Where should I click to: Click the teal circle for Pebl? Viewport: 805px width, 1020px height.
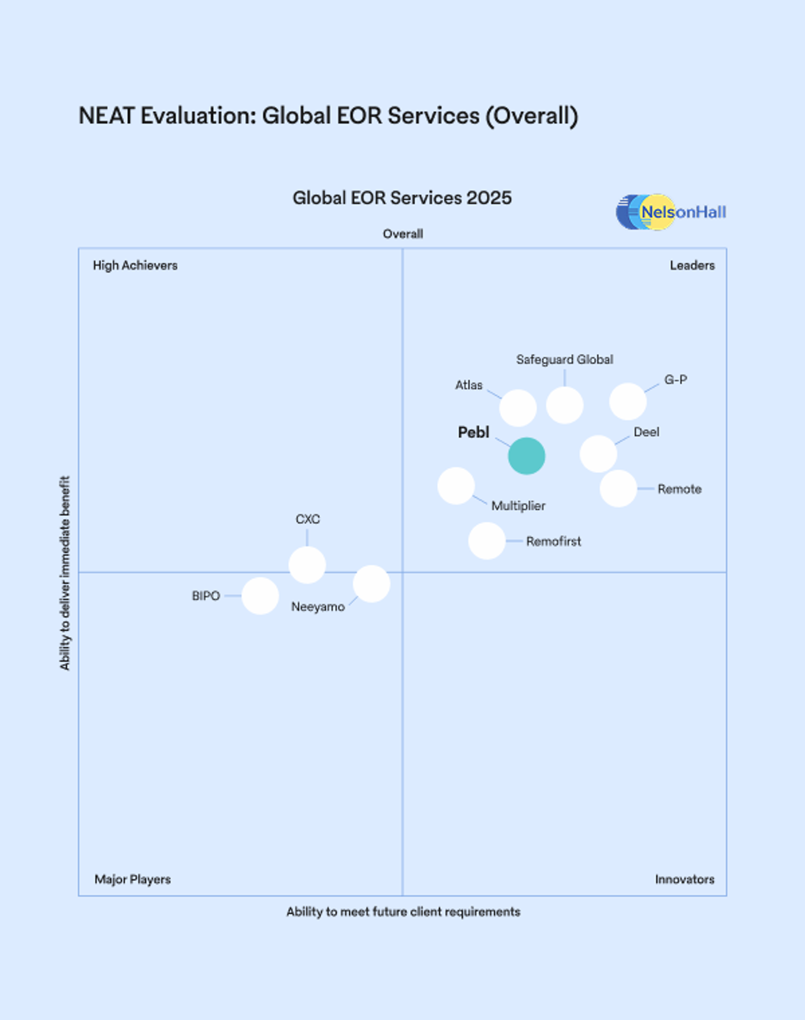pos(526,456)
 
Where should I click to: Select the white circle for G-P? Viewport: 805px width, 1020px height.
pos(628,402)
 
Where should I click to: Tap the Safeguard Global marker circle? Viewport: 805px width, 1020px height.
pos(565,405)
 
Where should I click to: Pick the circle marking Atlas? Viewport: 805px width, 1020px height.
pos(518,408)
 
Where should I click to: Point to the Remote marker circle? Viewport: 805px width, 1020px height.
pos(618,488)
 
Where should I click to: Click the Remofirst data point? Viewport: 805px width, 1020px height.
pos(487,541)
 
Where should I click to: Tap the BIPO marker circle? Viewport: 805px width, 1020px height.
pos(260,596)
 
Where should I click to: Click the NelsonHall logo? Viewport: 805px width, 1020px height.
pos(671,212)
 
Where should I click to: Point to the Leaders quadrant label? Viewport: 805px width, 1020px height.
pos(692,265)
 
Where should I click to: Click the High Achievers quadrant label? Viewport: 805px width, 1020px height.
pos(135,265)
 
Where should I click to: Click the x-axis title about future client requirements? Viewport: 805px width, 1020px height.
pos(403,912)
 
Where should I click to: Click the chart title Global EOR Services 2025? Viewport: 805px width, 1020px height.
pos(402,198)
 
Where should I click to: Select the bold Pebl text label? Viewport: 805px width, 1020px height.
pos(474,432)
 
